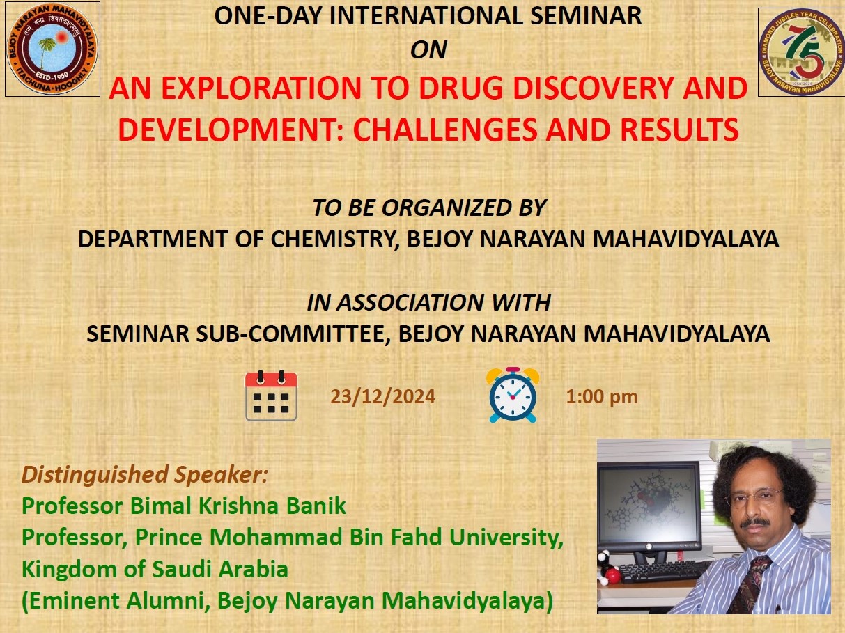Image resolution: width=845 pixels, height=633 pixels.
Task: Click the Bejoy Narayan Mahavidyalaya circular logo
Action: [x=52, y=49]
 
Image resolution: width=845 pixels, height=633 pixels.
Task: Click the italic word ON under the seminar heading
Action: [x=428, y=50]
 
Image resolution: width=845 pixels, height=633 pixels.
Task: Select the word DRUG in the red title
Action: [x=459, y=88]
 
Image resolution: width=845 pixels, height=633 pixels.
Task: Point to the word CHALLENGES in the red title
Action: [x=444, y=129]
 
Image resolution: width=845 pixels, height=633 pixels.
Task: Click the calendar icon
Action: [x=271, y=396]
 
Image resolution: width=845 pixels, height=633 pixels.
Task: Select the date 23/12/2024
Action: [x=383, y=396]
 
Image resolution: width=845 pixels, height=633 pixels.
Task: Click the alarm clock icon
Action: [x=513, y=396]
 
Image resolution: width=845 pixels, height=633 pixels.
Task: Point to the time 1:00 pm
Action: [x=602, y=397]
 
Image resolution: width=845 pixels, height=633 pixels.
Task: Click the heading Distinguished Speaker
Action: [x=144, y=474]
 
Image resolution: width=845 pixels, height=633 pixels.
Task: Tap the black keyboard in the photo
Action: [x=666, y=572]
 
